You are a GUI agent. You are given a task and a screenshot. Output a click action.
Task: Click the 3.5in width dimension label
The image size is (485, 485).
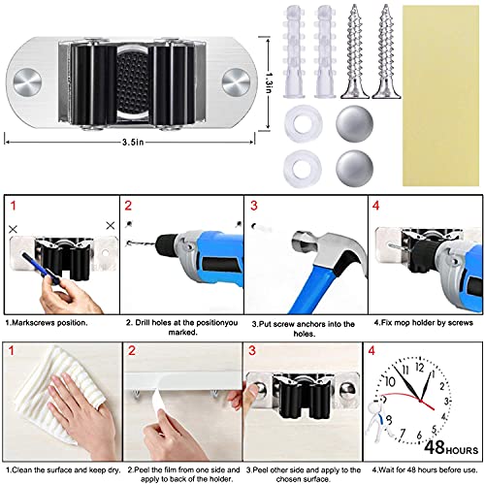[x=133, y=142]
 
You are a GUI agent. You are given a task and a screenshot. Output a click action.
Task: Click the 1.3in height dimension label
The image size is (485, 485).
[x=269, y=82]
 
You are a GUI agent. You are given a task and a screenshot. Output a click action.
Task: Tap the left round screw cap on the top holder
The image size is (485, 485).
[x=28, y=82]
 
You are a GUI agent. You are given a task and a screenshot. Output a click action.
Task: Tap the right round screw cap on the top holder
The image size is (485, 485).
[x=237, y=82]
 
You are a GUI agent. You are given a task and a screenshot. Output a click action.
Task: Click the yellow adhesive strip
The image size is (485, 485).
[x=440, y=96]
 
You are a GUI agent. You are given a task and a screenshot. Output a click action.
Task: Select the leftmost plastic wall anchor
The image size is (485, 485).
[x=294, y=51]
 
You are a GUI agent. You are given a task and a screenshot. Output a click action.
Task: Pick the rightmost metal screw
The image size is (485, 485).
[x=386, y=51]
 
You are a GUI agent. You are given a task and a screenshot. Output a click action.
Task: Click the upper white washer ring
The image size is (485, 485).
[x=303, y=123]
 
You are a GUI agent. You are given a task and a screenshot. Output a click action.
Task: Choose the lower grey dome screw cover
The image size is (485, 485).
[x=355, y=168]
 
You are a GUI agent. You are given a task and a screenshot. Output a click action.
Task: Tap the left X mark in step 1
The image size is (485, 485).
[x=13, y=230]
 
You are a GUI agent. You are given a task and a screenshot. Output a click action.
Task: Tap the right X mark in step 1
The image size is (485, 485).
[x=111, y=226]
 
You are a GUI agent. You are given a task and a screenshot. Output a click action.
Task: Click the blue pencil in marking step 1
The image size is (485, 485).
[x=41, y=269]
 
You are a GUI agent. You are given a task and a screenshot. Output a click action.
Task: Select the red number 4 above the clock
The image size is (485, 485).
[x=372, y=350]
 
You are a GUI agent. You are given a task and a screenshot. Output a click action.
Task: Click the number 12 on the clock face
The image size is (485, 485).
[x=419, y=368]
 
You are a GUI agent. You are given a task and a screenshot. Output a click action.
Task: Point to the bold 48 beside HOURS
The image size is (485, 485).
[x=435, y=447]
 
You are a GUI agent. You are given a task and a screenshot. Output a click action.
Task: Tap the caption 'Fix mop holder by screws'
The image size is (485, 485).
[x=424, y=323]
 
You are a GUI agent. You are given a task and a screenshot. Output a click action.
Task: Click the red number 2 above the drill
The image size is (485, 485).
[x=128, y=206]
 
